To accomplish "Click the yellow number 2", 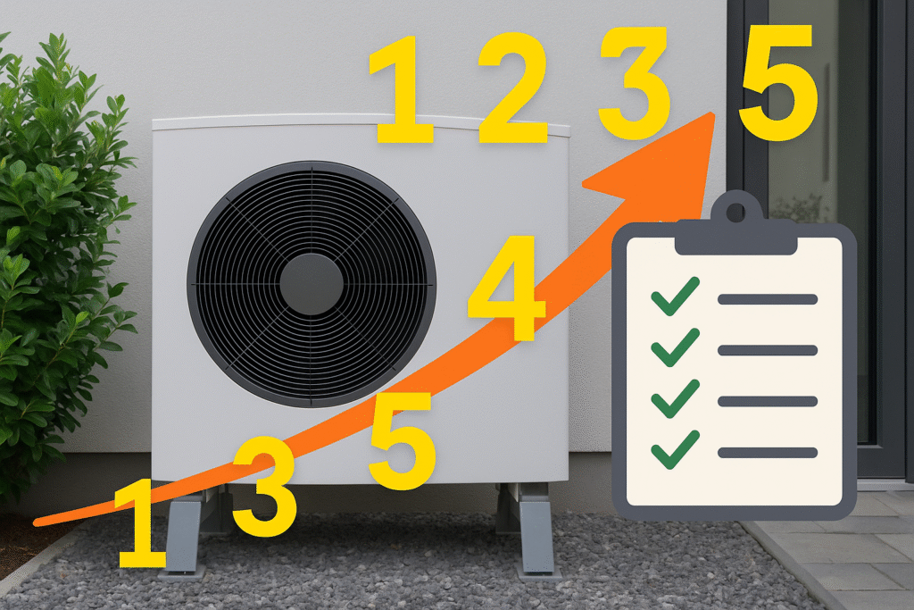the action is click(512, 88).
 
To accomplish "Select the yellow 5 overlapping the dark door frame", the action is click(777, 82).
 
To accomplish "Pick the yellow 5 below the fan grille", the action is click(403, 440).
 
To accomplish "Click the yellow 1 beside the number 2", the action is click(403, 89).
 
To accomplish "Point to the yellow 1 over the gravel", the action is click(141, 522).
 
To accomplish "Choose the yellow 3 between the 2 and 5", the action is click(635, 82).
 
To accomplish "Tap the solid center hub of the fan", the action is click(311, 284).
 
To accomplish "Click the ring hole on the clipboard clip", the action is click(736, 211).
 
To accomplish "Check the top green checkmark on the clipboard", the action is click(675, 296).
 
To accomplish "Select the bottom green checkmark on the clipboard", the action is click(675, 449).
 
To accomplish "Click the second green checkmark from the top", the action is click(675, 347).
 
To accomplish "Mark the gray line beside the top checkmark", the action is click(767, 299).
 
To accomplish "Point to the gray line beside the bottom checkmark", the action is click(767, 453).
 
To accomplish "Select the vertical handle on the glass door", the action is click(826, 122).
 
